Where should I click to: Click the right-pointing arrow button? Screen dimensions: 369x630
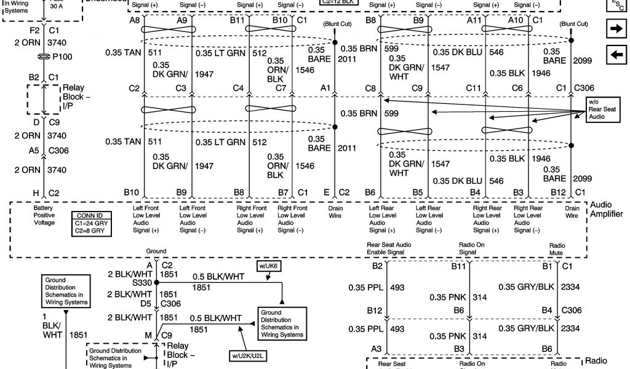[615, 28]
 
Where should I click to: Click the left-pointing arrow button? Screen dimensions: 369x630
[615, 55]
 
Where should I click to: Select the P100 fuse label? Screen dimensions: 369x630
[62, 57]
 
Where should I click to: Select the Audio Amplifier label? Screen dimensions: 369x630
[606, 209]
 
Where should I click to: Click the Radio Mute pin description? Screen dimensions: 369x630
[557, 248]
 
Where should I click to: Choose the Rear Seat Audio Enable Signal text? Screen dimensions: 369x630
[389, 248]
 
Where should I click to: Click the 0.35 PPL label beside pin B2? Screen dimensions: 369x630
[365, 287]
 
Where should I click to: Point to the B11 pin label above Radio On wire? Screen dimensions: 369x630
[458, 266]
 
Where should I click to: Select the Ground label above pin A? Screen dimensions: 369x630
[156, 251]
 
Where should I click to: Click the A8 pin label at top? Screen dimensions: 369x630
[135, 20]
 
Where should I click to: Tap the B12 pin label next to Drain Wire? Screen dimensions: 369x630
[558, 192]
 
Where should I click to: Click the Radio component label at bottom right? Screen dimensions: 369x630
[597, 361]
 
